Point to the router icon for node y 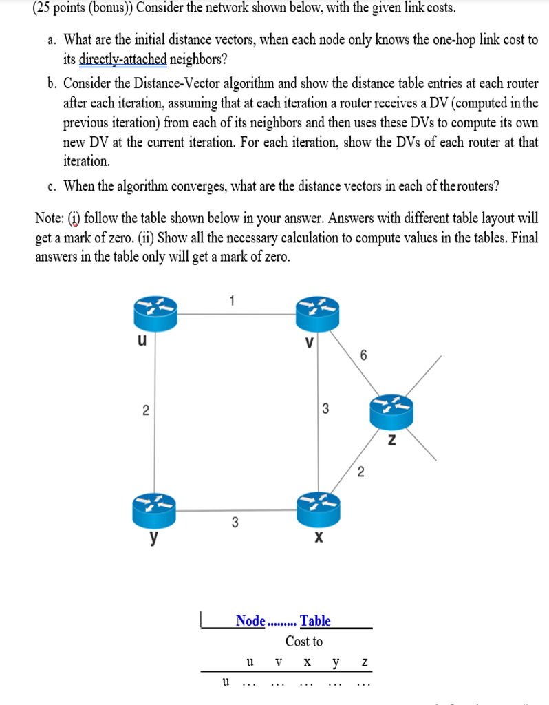(155, 510)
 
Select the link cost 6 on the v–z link (363, 355)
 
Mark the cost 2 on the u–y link (145, 411)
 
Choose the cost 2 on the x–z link (360, 472)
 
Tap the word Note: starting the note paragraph (52, 219)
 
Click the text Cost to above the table (303, 642)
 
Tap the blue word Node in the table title (250, 621)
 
